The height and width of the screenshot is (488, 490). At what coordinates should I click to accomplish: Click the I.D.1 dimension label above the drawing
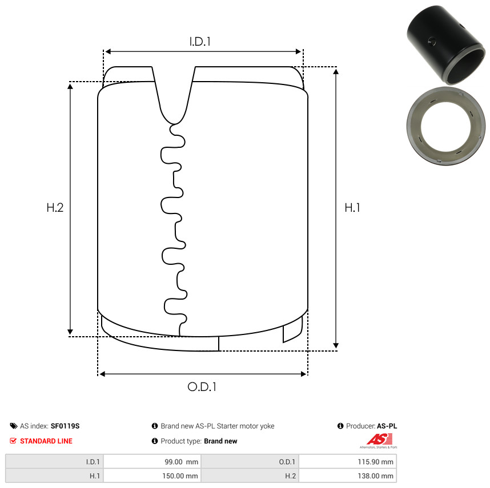click(x=200, y=42)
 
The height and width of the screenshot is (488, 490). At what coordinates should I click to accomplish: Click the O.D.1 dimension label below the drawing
click(x=202, y=387)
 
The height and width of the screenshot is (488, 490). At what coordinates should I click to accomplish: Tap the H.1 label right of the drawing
click(x=352, y=208)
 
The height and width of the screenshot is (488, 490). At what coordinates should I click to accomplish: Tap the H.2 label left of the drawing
click(x=55, y=208)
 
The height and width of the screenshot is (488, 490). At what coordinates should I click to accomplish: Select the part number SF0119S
click(x=65, y=426)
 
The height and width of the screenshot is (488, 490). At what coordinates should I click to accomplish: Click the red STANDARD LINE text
click(x=46, y=441)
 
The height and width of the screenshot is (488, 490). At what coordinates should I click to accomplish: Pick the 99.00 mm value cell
click(x=152, y=462)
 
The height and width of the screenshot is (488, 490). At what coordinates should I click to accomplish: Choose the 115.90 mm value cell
click(x=347, y=462)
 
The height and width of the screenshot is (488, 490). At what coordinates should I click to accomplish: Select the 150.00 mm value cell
click(x=152, y=476)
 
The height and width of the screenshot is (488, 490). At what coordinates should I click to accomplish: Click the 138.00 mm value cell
click(x=347, y=476)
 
